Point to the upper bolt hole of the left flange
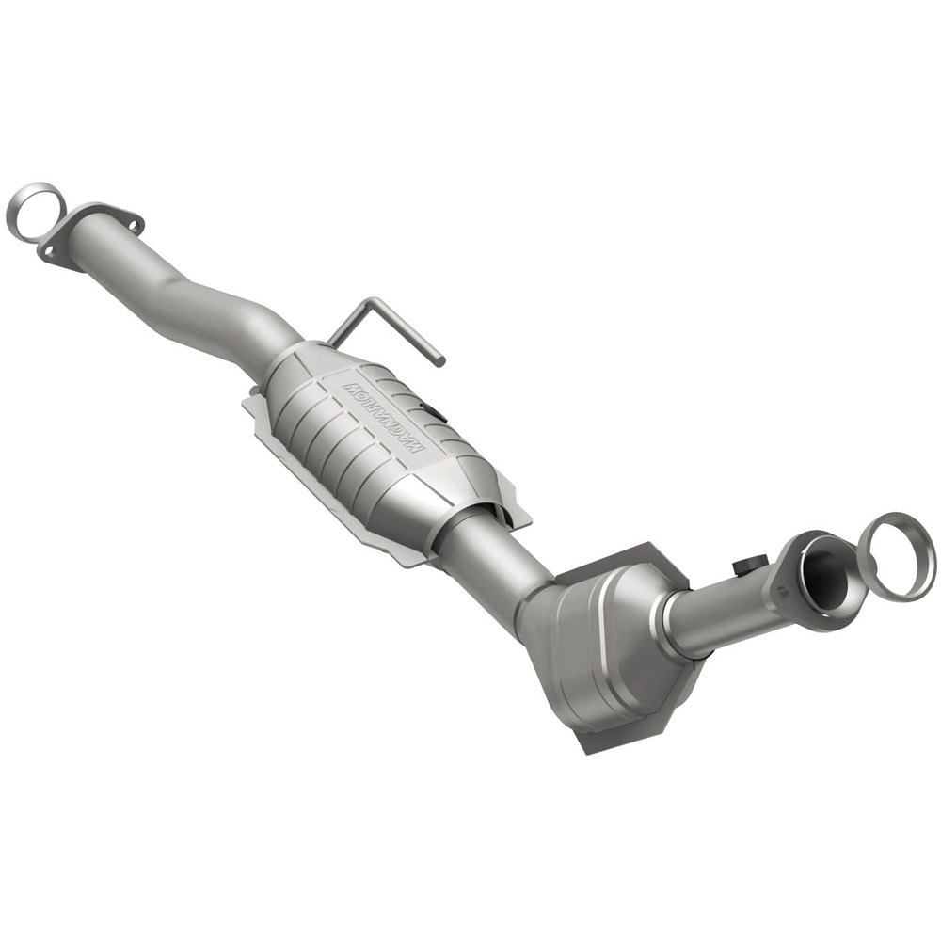point(132,223)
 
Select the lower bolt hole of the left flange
point(46,251)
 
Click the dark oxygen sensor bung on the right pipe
point(746,566)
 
